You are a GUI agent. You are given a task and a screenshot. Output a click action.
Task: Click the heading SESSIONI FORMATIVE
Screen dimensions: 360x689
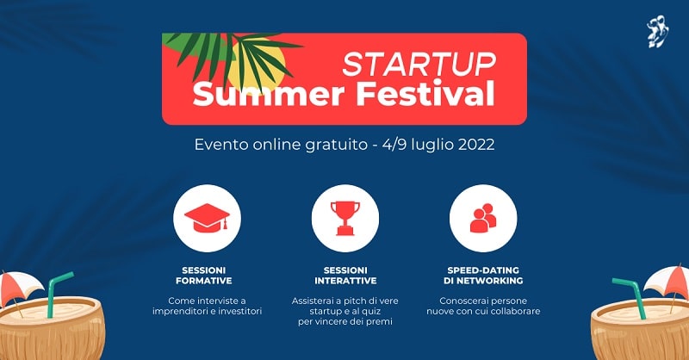pyautogui.click(x=207, y=275)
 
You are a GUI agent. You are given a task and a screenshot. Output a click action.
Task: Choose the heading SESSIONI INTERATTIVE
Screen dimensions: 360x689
pyautogui.click(x=344, y=275)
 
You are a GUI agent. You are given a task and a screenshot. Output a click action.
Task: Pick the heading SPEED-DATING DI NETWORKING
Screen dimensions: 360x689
pyautogui.click(x=483, y=275)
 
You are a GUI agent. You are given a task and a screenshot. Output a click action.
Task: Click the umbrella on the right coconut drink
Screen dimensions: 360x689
pyautogui.click(x=666, y=282)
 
